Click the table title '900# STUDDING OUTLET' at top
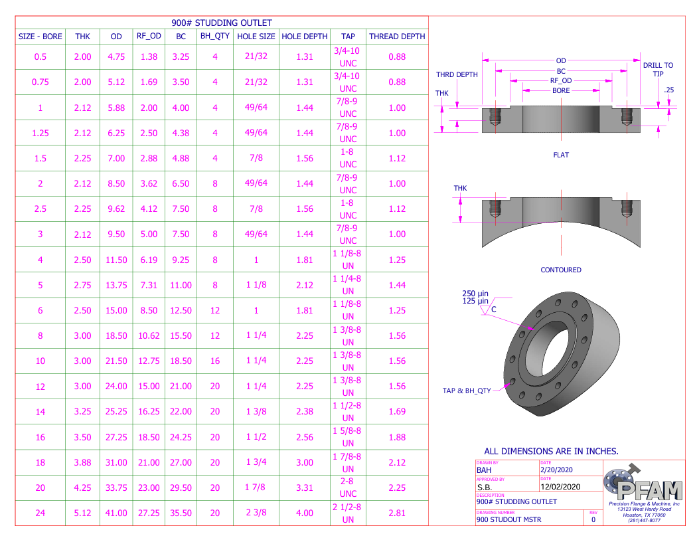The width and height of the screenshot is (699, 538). click(x=222, y=23)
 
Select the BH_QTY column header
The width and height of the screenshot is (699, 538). click(x=215, y=37)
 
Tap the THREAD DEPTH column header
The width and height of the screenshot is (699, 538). click(x=397, y=37)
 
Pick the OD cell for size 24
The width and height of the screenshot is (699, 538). click(x=116, y=513)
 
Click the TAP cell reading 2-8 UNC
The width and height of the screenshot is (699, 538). click(x=349, y=488)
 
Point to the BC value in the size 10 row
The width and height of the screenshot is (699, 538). click(x=181, y=361)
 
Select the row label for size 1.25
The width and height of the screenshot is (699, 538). click(x=40, y=133)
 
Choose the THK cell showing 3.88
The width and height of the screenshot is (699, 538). click(x=83, y=462)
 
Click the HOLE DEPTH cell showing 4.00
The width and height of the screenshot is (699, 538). click(x=305, y=513)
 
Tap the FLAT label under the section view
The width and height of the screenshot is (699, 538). click(x=561, y=155)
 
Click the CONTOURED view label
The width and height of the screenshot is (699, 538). click(x=561, y=270)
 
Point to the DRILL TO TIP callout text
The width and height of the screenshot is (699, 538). click(x=658, y=70)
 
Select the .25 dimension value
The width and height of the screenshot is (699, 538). click(x=668, y=90)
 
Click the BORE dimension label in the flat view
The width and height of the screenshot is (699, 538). click(x=561, y=90)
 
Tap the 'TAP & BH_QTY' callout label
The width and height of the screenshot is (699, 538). click(x=467, y=391)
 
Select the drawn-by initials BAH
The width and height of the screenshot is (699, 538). click(x=485, y=470)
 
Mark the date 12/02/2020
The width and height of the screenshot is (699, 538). click(x=561, y=486)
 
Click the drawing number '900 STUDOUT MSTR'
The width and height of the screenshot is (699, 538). click(x=509, y=519)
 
